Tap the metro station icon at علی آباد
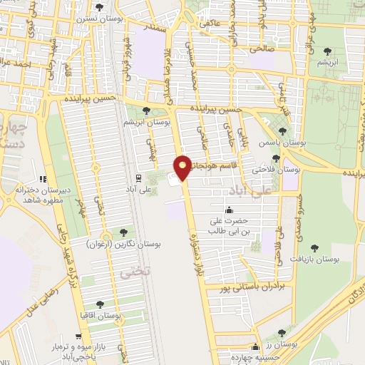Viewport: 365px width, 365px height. click(139, 178)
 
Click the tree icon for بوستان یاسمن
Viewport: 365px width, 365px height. click(282, 131)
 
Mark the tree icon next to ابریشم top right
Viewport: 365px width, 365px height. click(327, 51)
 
